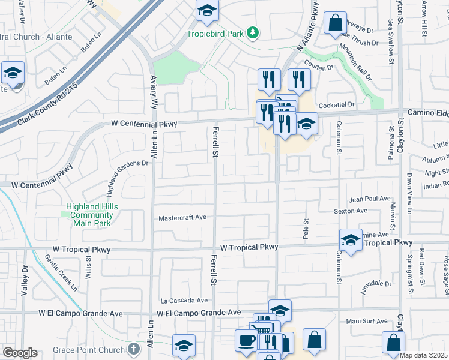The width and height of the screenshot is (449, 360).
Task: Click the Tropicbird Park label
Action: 215,34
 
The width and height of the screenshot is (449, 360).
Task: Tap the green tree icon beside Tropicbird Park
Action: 254,32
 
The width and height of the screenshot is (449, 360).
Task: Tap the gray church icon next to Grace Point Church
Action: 136,349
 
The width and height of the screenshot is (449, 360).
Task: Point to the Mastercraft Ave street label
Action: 182,218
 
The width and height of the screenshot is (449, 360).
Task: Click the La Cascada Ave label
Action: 184,301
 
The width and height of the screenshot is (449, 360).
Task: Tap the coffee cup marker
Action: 246,340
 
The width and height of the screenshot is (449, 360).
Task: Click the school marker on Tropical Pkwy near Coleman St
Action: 351,240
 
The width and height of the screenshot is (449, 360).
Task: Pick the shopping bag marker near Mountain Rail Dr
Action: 335,23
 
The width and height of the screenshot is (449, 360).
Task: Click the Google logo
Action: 20,353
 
